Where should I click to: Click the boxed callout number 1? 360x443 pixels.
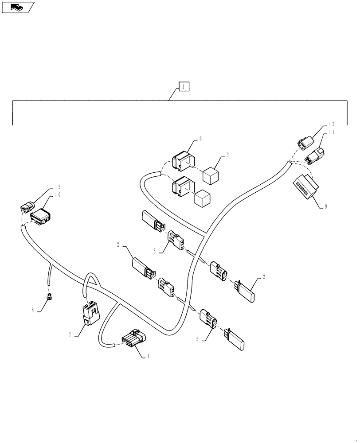point(184,87)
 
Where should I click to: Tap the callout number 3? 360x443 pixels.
point(227,155)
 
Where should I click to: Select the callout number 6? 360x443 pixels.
point(200,139)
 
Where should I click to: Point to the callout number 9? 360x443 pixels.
point(325,206)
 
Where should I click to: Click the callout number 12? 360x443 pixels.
point(331,124)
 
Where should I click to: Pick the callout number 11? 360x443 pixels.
point(331,132)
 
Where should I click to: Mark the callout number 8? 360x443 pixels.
point(32,311)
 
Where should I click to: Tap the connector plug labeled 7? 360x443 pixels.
point(90,314)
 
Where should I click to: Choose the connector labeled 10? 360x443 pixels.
point(40,217)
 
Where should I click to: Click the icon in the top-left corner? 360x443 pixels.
point(18,7)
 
